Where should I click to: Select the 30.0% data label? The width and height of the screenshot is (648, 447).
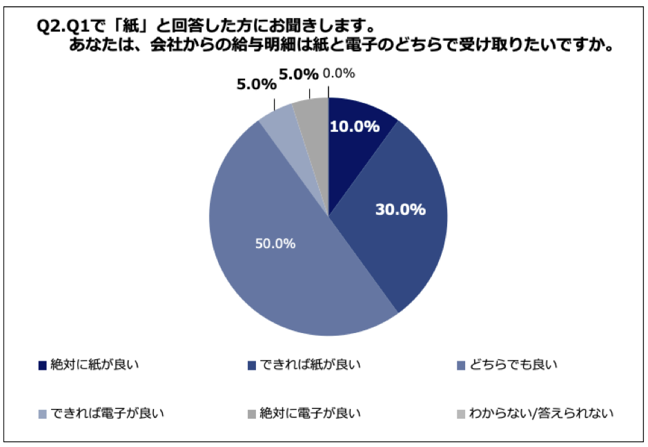400,209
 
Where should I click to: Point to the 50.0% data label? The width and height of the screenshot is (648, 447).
274,243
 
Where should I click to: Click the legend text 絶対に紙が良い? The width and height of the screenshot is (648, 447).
95,363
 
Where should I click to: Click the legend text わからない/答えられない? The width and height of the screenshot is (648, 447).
541,413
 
